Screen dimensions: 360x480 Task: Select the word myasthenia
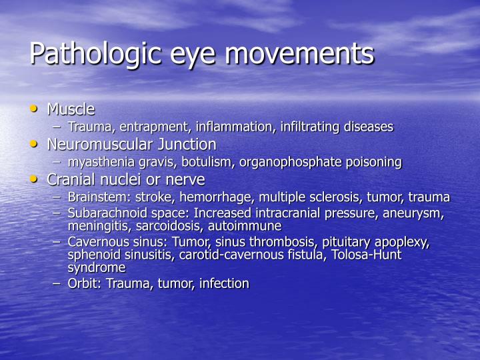tap(98, 162)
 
